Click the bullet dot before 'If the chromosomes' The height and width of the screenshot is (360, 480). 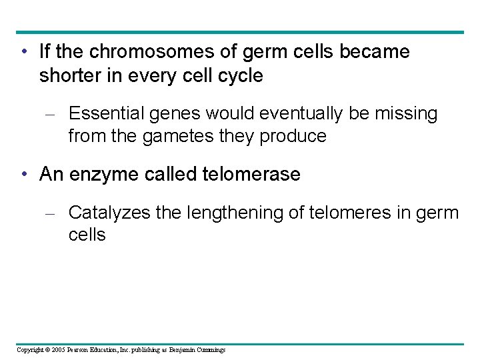(24, 52)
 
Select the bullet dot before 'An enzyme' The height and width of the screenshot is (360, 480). (24, 175)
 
